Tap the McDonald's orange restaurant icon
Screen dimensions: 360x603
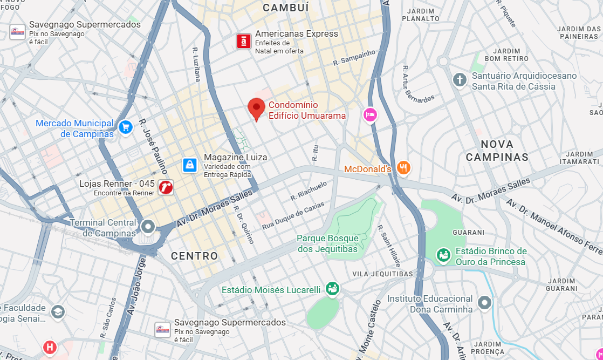point(403,168)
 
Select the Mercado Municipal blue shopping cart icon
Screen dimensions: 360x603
point(126,127)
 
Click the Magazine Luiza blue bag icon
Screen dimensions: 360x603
point(189,165)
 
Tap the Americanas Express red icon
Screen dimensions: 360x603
point(244,41)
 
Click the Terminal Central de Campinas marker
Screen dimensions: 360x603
point(148,226)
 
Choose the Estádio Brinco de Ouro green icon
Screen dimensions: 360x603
point(443,255)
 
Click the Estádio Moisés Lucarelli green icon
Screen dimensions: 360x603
point(332,289)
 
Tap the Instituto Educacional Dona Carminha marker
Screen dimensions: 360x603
point(485,302)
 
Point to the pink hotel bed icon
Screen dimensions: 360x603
point(369,114)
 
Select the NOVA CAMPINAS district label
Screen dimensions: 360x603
point(497,151)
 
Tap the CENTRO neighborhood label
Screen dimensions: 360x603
point(195,256)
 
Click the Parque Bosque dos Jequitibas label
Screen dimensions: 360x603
point(327,243)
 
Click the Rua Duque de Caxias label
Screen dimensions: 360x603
point(293,215)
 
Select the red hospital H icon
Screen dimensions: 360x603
point(50,347)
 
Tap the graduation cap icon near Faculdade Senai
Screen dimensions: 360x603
point(57,312)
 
